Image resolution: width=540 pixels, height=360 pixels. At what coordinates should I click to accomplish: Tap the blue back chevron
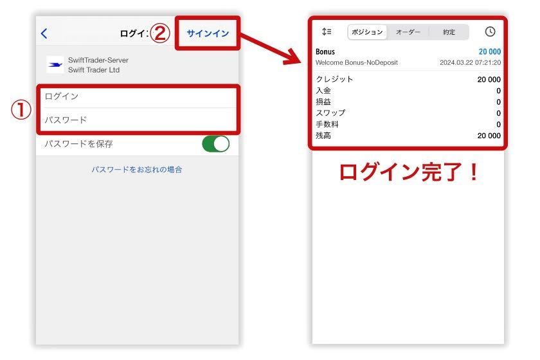point(44,33)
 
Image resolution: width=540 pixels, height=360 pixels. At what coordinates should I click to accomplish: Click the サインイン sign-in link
point(208,33)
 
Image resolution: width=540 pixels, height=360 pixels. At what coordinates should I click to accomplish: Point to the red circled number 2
point(160,33)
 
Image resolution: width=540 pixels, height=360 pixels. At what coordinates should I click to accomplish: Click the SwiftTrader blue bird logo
point(56,65)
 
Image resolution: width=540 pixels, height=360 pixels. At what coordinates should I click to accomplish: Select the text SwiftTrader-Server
point(98,60)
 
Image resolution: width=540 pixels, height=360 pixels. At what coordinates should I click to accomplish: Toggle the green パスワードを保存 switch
point(215,144)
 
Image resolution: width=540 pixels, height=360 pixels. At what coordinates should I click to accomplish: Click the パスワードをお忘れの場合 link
point(137,170)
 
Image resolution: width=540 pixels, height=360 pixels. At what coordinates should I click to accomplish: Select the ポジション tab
point(368,32)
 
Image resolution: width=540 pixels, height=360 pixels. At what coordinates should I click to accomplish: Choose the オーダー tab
point(408,32)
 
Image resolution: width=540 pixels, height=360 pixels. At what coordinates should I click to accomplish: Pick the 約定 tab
point(449,32)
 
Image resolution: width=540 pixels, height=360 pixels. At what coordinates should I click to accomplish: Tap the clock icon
point(490,32)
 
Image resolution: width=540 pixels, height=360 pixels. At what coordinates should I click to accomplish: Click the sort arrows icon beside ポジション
point(327,32)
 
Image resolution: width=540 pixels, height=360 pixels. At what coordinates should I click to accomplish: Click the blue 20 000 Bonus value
point(489,51)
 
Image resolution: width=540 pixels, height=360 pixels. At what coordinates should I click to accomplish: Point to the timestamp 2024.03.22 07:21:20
point(470,62)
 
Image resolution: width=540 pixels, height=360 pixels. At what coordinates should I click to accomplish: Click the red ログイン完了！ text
point(409,172)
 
